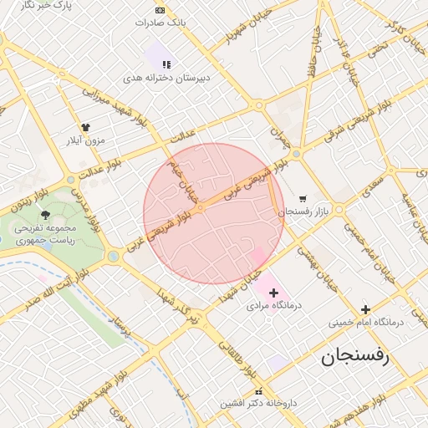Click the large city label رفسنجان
[355, 357]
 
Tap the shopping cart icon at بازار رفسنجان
[302, 199]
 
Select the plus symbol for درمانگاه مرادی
[273, 292]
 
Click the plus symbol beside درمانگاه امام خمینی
[365, 309]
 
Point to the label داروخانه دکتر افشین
[258, 403]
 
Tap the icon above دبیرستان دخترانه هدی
[166, 64]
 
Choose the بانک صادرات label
[160, 23]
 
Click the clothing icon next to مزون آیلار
[85, 127]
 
